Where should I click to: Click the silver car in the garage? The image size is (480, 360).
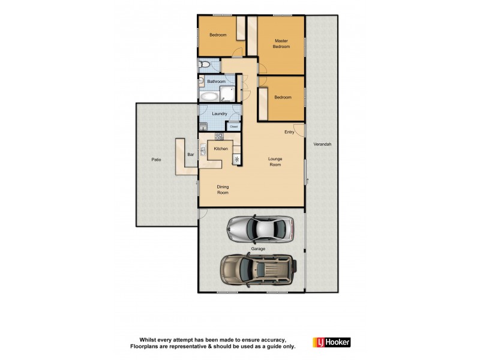(260, 228)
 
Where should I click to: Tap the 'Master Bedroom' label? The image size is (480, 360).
(281, 44)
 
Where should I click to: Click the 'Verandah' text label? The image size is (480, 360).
(322, 145)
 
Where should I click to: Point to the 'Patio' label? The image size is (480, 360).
(156, 160)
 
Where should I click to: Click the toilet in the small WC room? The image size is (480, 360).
(204, 64)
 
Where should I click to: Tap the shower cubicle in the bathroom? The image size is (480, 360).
(227, 92)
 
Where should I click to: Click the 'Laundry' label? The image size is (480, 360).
(219, 113)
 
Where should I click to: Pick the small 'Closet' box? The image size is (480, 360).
(233, 127)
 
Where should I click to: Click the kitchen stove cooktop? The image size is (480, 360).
(219, 137)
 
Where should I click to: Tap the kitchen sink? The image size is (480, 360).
(203, 150)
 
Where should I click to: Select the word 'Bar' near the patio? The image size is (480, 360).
(190, 155)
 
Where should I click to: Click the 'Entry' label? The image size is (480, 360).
(289, 132)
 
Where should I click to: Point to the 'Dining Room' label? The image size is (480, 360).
(223, 190)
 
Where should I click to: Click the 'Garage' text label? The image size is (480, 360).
(258, 248)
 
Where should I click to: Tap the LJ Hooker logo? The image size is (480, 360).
(331, 342)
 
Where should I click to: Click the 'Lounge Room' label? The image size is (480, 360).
(275, 161)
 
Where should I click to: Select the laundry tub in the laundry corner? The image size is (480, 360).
(203, 125)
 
